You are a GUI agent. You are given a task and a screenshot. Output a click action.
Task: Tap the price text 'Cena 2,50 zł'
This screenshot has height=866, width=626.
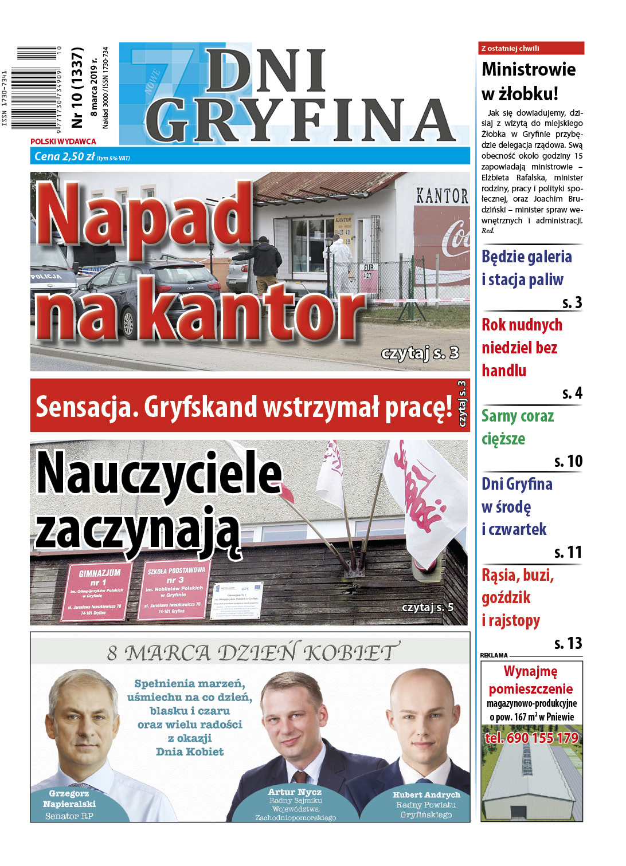64,156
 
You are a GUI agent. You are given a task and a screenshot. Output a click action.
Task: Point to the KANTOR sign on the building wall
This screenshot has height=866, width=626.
441,196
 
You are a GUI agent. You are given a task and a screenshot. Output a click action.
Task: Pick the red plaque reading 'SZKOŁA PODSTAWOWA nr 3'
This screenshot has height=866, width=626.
175,589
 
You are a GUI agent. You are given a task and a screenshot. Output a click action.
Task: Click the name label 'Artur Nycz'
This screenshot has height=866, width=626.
295,792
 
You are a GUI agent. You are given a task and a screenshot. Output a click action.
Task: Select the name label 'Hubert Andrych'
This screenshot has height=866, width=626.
426,794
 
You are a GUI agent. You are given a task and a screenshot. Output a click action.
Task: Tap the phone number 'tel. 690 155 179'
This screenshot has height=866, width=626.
531,738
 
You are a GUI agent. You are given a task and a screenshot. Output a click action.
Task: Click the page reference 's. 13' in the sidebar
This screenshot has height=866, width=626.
568,643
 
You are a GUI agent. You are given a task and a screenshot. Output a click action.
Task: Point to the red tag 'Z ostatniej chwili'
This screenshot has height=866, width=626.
510,49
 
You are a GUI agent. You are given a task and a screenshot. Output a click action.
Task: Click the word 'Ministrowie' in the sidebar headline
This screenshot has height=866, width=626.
529,69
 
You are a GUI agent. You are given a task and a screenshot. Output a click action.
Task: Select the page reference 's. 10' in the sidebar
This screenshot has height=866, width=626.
568,461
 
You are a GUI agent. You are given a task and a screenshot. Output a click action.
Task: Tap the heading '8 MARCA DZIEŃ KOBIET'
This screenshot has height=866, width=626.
251,652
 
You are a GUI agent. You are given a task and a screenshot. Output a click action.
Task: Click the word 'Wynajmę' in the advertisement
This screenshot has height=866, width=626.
530,671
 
